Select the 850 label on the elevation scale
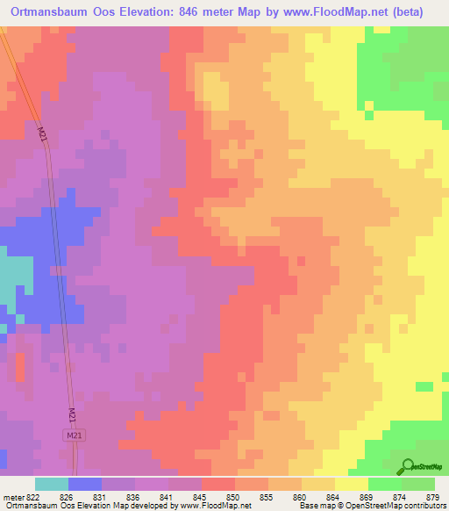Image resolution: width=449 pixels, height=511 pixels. pos(234,497)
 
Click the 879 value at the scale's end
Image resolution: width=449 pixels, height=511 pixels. pos(434,497)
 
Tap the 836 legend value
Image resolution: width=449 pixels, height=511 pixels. pos(134,497)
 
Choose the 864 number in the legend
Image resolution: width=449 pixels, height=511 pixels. pos(334,497)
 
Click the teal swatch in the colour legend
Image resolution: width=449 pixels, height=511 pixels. pos(52,484)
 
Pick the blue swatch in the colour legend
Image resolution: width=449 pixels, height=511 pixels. pos(85,484)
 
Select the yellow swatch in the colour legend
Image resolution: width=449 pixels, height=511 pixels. pos(352,484)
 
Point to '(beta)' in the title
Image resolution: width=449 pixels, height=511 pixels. pos(424,12)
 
